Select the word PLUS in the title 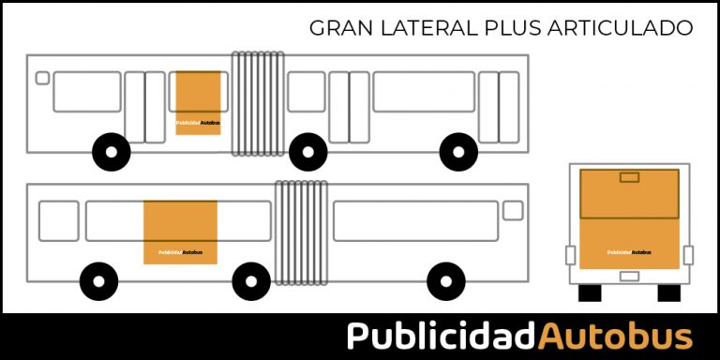tap(512, 28)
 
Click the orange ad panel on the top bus tap(198, 103)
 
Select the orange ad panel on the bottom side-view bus tap(180, 232)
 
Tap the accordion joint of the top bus tap(258, 102)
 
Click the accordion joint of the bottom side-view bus tap(301, 231)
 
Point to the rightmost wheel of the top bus tap(458, 152)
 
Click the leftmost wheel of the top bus tap(112, 152)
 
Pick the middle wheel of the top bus tap(307, 152)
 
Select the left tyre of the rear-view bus tap(589, 292)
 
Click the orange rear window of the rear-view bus tap(629, 194)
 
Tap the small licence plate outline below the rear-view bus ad tap(629, 277)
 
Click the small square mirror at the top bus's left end tap(42, 78)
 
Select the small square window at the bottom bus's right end tap(513, 211)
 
